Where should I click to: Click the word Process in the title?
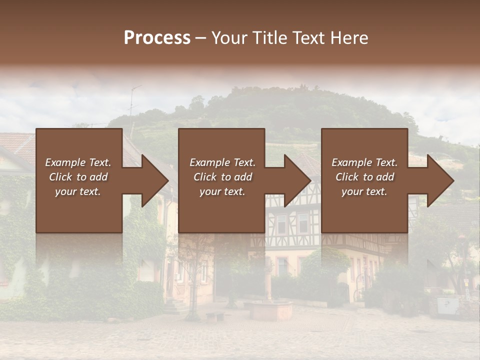pyautogui.click(x=157, y=38)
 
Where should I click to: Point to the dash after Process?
pyautogui.click(x=200, y=38)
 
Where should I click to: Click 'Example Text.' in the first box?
pyautogui.click(x=78, y=162)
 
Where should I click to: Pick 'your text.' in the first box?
pyautogui.click(x=78, y=191)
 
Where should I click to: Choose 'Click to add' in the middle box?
pyautogui.click(x=222, y=177)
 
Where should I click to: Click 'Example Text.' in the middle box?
pyautogui.click(x=222, y=162)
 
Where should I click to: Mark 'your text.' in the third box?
pyautogui.click(x=364, y=191)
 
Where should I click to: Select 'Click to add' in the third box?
pyautogui.click(x=364, y=177)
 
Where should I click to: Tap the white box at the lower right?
pyautogui.click(x=447, y=305)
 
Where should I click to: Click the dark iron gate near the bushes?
pyautogui.click(x=342, y=292)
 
